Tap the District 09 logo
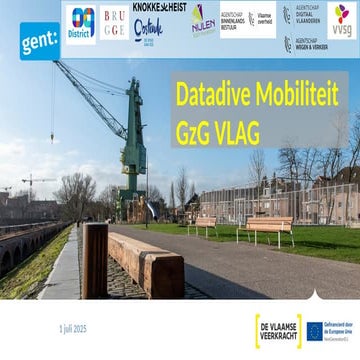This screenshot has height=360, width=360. coord(82,22)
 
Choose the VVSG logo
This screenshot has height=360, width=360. coord(342,20)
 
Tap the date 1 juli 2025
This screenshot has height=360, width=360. coord(73,328)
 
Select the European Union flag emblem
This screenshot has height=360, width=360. coord(314,330)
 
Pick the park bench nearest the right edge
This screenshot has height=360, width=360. coord(269,228)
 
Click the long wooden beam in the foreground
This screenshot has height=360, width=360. coord(145,261)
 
